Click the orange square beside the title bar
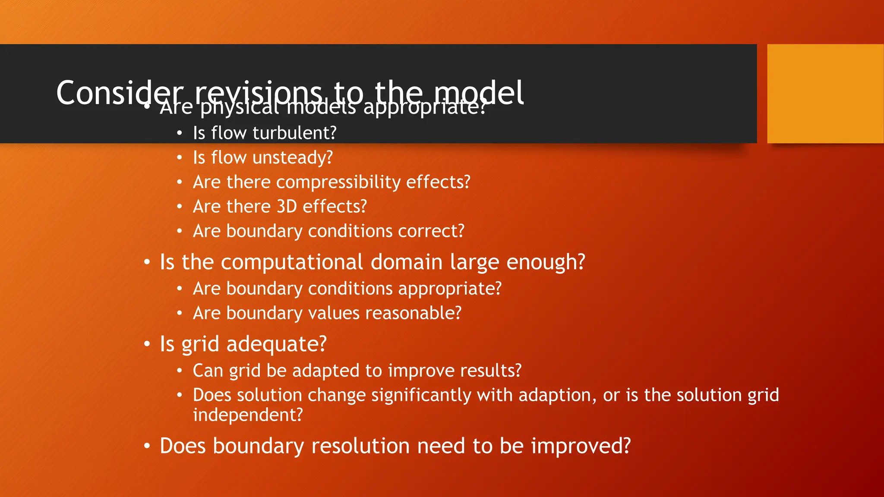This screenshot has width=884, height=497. pos(825,94)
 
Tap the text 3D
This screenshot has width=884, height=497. pos(287,207)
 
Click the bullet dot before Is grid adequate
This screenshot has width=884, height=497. pos(147,344)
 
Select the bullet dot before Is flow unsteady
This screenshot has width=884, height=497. pos(180,158)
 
